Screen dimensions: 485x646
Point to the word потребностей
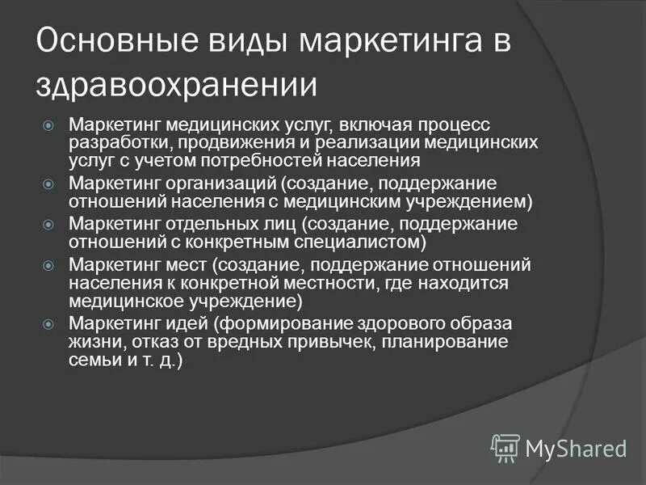275,159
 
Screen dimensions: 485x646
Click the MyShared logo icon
505,446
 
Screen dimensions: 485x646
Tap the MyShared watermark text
576,448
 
